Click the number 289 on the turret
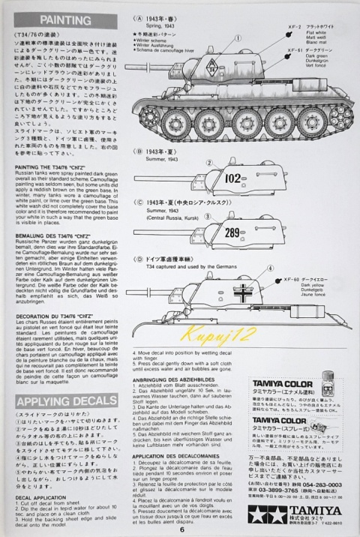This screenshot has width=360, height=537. pyautogui.click(x=232, y=232)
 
